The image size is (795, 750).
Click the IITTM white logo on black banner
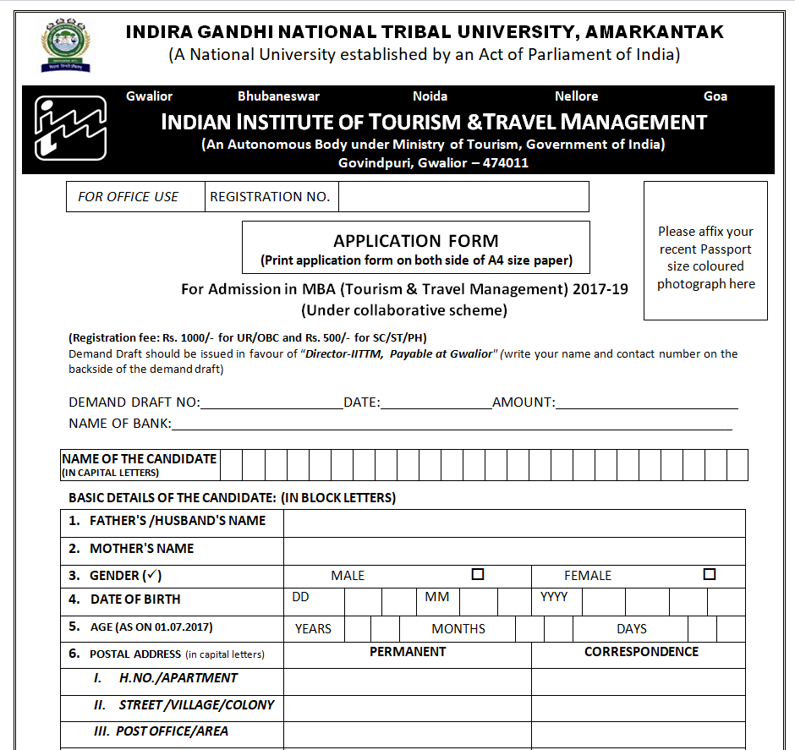[70, 129]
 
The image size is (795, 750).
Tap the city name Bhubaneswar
[278, 96]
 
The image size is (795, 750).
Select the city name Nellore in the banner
[576, 96]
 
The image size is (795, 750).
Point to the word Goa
[715, 96]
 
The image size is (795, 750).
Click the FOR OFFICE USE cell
[129, 197]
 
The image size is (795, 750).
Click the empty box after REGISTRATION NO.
[463, 197]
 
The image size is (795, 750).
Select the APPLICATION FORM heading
[415, 241]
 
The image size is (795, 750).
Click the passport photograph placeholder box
[705, 251]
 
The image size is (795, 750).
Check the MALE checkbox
[478, 575]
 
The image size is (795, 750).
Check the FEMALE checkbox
[710, 575]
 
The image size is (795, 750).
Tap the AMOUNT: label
[524, 402]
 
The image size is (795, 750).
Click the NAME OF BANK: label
[119, 424]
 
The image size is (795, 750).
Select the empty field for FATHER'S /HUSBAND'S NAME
[513, 523]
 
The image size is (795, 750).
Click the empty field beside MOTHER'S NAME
[513, 550]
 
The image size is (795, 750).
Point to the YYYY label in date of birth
[554, 598]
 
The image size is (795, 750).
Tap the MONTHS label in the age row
[458, 629]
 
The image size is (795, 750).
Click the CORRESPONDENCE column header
[641, 652]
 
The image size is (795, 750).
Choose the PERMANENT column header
[408, 652]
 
